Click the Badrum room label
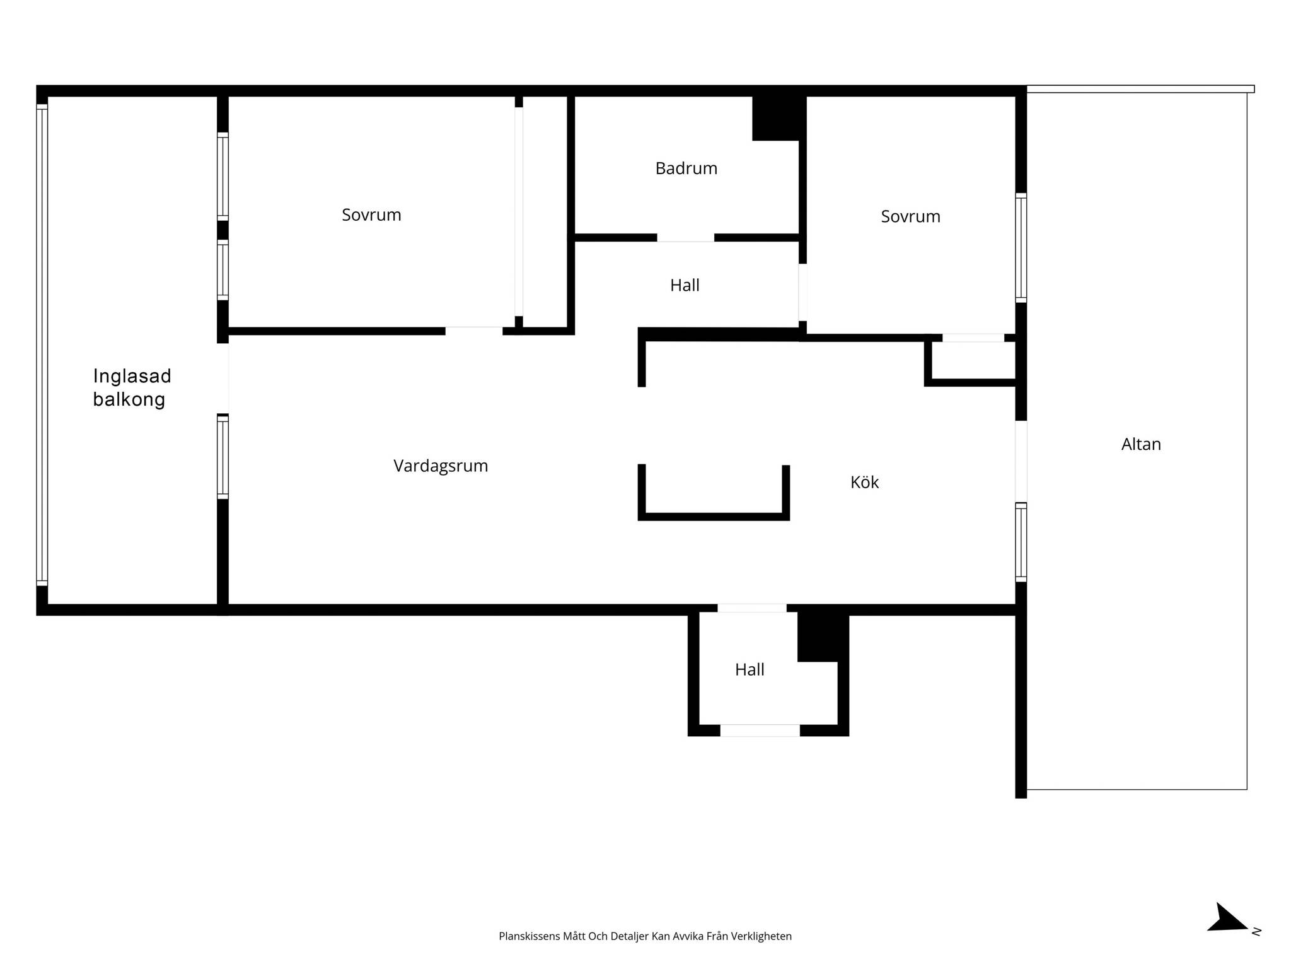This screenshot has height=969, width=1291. click(x=686, y=168)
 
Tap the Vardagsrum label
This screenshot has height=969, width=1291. click(x=441, y=466)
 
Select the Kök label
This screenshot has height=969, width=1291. click(x=864, y=482)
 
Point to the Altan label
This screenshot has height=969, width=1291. click(x=1141, y=444)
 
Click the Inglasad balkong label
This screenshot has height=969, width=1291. click(x=132, y=387)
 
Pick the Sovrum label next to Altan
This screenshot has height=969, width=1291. click(x=910, y=216)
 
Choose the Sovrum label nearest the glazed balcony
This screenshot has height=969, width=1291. click(x=371, y=215)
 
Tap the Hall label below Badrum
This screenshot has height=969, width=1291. click(x=685, y=285)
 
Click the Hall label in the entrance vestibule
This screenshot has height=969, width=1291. click(x=750, y=669)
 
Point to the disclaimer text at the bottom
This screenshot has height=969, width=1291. click(x=645, y=936)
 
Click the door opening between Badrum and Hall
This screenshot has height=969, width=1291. click(x=685, y=238)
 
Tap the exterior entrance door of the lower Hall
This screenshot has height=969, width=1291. click(x=760, y=731)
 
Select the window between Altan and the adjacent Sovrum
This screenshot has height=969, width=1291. click(x=1021, y=248)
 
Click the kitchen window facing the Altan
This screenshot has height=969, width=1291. click(x=1021, y=543)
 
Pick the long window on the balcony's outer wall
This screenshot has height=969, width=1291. click(x=42, y=345)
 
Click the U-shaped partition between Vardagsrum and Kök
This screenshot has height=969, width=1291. click(x=714, y=492)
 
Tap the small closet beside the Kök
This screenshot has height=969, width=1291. click(x=973, y=360)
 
